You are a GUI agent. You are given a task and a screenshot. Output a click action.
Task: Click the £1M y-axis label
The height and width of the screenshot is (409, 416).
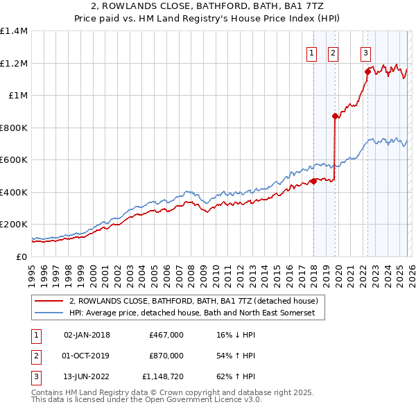pos(18,96)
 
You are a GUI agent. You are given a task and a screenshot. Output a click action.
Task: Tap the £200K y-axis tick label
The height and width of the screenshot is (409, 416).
pos(14,225)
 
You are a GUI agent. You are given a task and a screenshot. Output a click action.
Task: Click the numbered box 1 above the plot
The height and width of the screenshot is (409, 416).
pos(311,53)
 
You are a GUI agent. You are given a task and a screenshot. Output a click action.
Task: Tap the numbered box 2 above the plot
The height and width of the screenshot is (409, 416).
pos(333,53)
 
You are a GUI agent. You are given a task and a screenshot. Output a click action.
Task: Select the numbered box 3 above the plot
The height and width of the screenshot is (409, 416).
pos(365,53)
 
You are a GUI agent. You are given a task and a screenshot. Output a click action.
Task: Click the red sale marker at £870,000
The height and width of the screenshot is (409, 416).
pos(335,116)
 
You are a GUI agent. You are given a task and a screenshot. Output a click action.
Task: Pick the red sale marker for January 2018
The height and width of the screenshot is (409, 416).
pos(313,182)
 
